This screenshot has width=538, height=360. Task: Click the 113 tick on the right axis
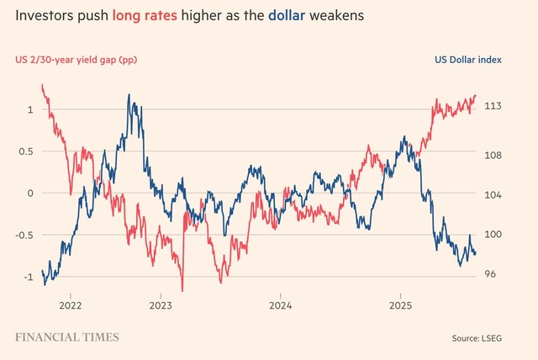pos(494,106)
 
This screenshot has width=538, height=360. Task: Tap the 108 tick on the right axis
pos(494,156)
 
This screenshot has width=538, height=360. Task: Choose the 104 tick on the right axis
pos(494,195)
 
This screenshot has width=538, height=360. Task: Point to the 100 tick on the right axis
pos(494,235)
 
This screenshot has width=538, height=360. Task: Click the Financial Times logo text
pos(67,337)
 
